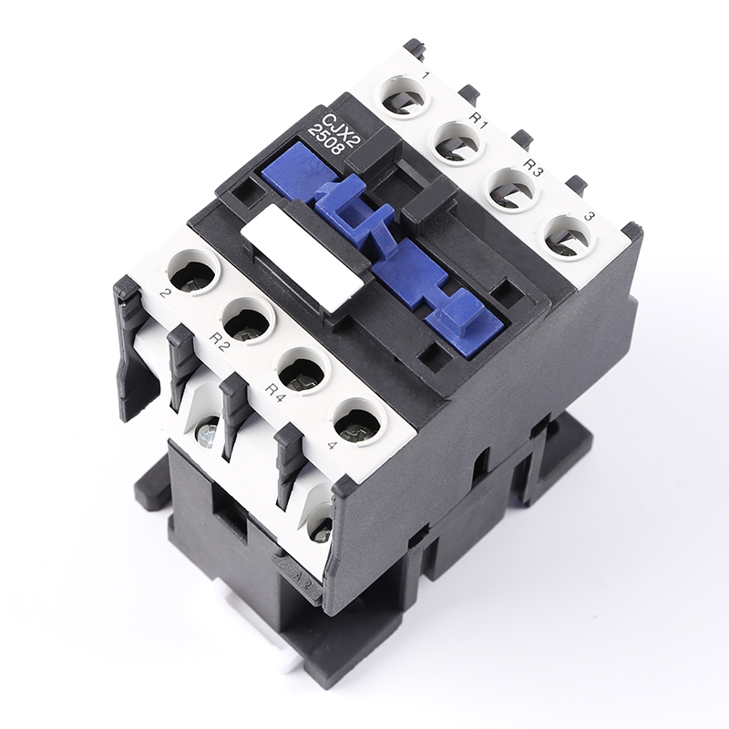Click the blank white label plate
pyautogui.click(x=303, y=258)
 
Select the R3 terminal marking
pyautogui.click(x=533, y=168)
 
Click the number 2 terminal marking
pyautogui.click(x=164, y=293)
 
